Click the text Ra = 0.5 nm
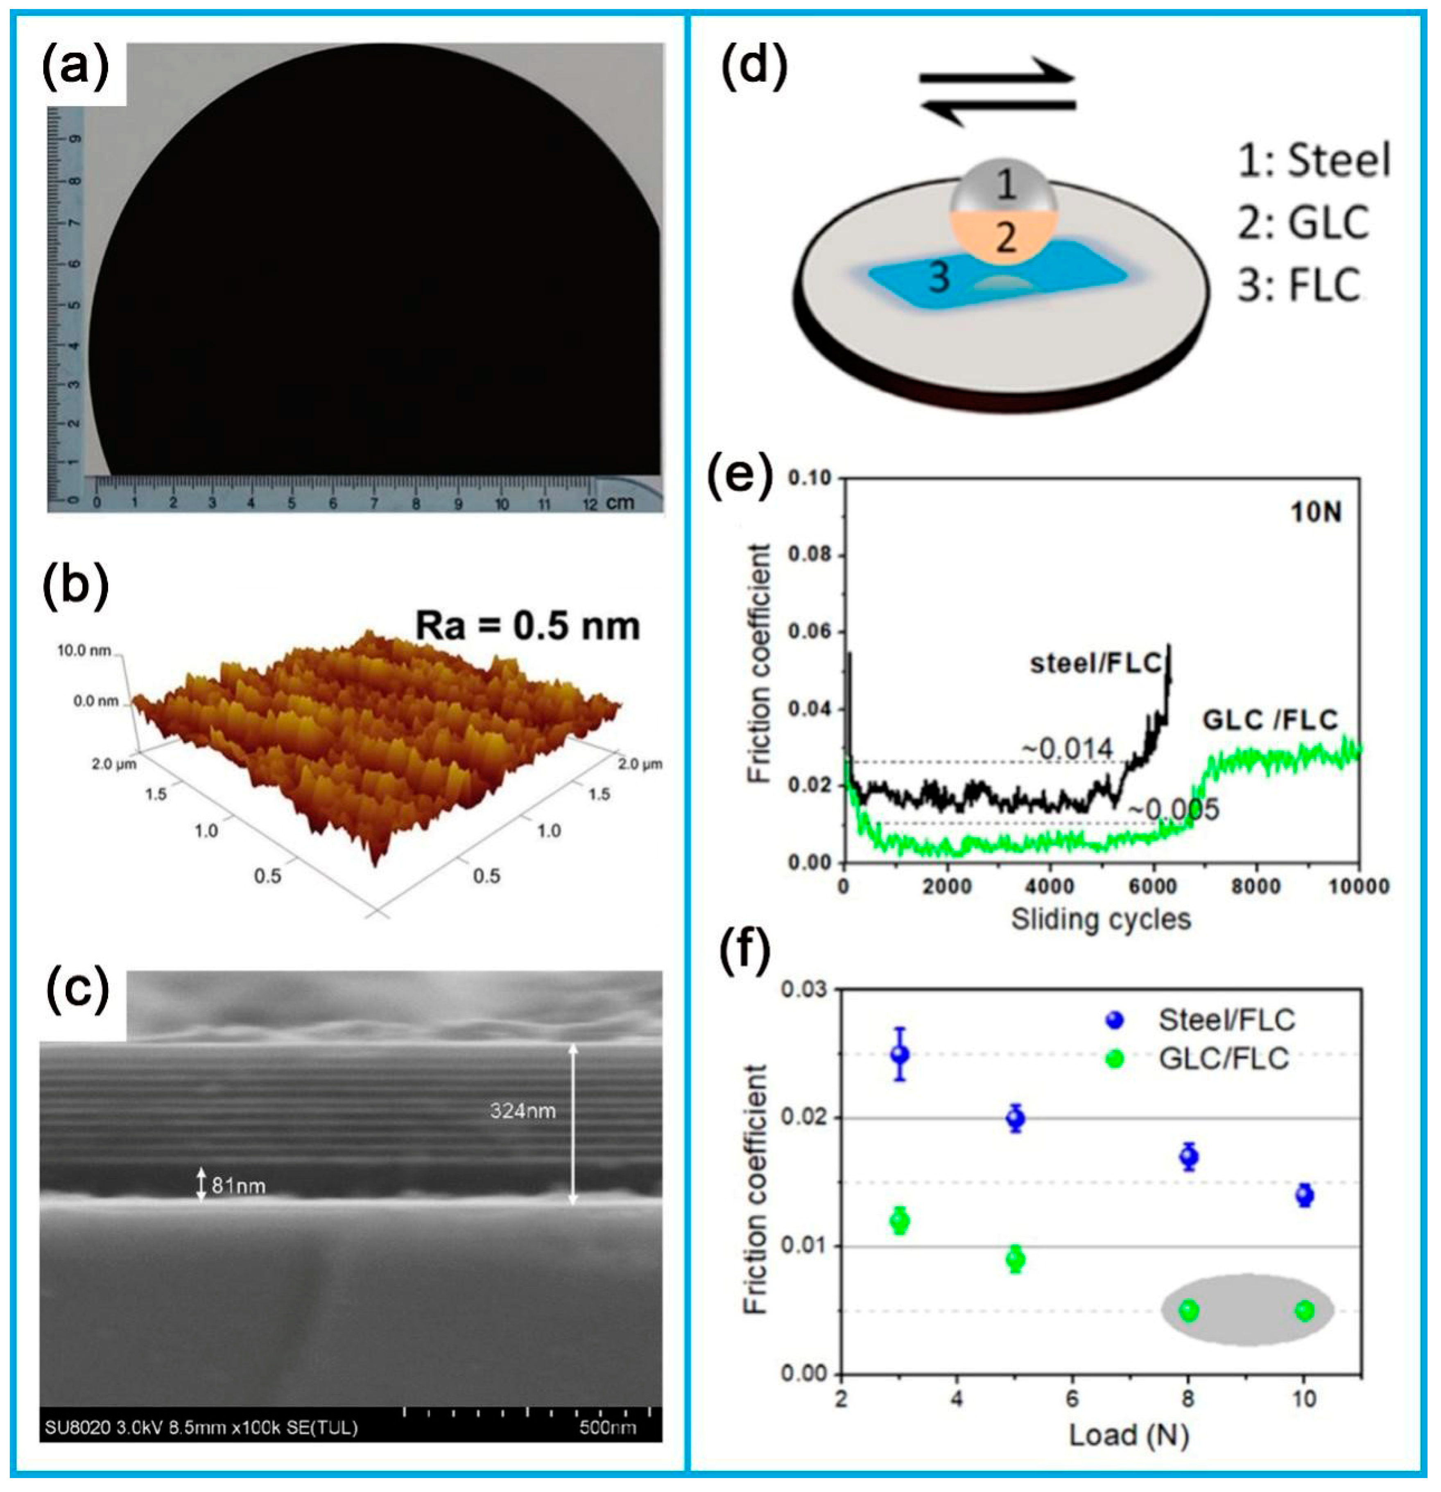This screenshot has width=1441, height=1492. pos(527,626)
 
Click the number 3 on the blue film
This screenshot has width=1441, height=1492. pos(939,277)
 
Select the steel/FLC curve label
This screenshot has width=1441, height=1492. pos(1096,664)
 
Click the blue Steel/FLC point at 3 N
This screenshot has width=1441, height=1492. pos(900,1054)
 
